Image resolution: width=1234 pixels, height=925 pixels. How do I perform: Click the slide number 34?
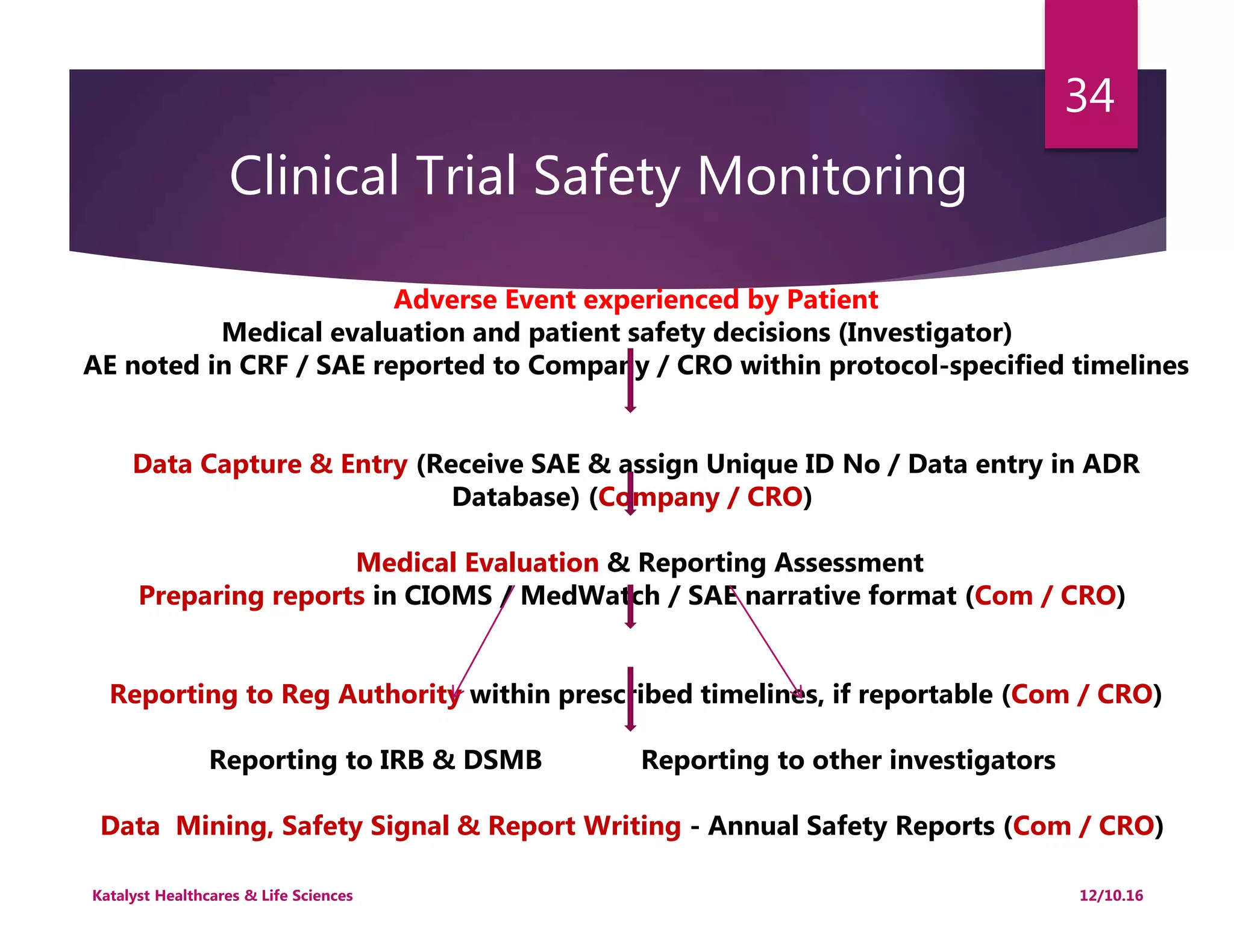tap(1089, 96)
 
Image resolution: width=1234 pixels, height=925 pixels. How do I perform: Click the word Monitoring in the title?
tap(832, 176)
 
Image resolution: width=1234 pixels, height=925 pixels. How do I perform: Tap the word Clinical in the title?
tap(314, 176)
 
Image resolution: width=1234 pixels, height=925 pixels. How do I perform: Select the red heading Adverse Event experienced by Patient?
tap(636, 300)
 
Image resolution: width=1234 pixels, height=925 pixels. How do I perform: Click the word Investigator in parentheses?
tap(925, 333)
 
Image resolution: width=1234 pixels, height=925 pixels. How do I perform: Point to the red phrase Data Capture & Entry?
tap(270, 464)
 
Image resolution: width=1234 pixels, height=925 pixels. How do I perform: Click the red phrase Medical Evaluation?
tap(477, 563)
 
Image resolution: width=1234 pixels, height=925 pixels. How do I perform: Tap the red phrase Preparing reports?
tap(251, 596)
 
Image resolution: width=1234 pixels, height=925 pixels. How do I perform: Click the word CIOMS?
tap(448, 596)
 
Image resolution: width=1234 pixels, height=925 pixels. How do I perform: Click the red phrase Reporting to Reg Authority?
tap(284, 695)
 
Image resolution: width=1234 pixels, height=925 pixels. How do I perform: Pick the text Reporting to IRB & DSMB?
tap(375, 761)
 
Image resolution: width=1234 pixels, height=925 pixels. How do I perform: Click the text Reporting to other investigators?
tap(848, 761)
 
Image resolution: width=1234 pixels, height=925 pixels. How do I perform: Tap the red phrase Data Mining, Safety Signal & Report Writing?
tap(390, 826)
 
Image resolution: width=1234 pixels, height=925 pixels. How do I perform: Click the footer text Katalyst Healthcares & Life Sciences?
tap(222, 895)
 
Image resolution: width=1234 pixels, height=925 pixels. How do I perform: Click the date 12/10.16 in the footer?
tap(1110, 895)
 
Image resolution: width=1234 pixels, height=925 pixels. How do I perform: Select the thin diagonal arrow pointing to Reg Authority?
tap(482, 644)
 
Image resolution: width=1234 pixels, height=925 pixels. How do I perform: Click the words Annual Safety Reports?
tap(851, 826)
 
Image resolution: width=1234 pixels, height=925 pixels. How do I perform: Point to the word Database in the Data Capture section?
tap(515, 497)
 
